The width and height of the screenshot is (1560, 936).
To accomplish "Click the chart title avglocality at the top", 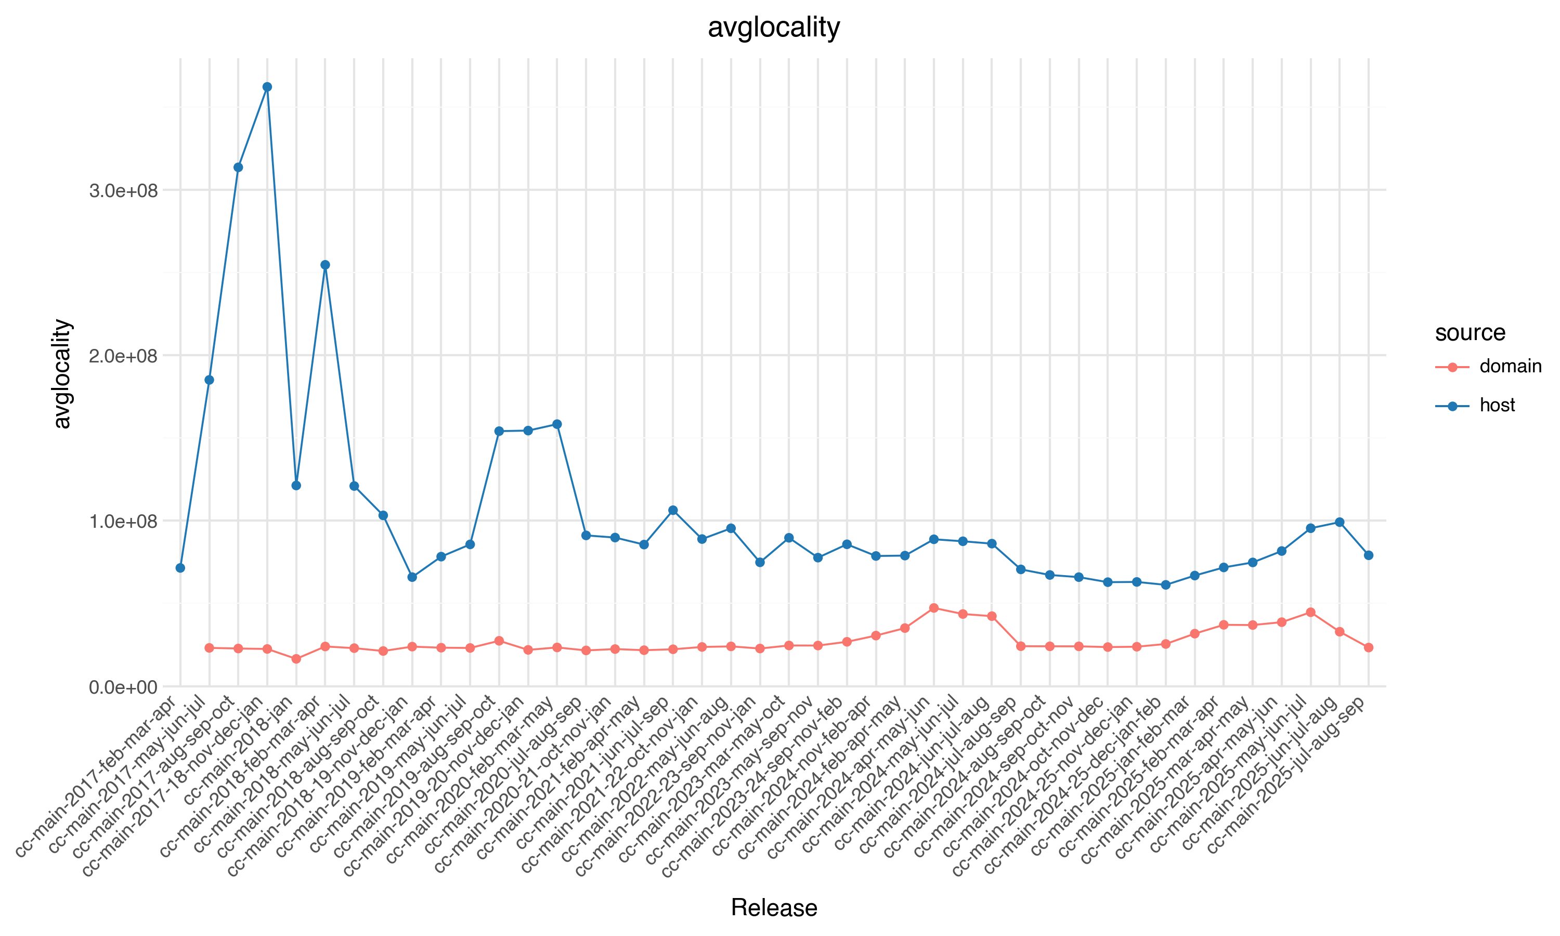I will point(774,28).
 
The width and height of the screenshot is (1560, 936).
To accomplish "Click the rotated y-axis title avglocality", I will point(62,373).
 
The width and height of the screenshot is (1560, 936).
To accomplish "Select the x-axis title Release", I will point(774,907).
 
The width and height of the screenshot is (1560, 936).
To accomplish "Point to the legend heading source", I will point(1470,332).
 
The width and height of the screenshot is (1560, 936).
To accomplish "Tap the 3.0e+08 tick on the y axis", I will point(123,190).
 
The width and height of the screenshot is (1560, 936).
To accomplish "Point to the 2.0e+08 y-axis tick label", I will point(123,356).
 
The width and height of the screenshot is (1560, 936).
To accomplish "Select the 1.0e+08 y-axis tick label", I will point(123,522).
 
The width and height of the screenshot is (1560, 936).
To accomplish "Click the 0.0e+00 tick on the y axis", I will point(123,687).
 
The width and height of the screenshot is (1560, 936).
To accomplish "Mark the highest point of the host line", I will point(267,87).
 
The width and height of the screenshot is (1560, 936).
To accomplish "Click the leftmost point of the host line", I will point(180,568).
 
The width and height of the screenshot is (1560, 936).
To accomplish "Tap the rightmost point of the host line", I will point(1368,555).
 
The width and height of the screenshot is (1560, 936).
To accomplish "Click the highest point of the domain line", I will point(934,608).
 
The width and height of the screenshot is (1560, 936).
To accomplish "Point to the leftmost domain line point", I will point(210,648).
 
